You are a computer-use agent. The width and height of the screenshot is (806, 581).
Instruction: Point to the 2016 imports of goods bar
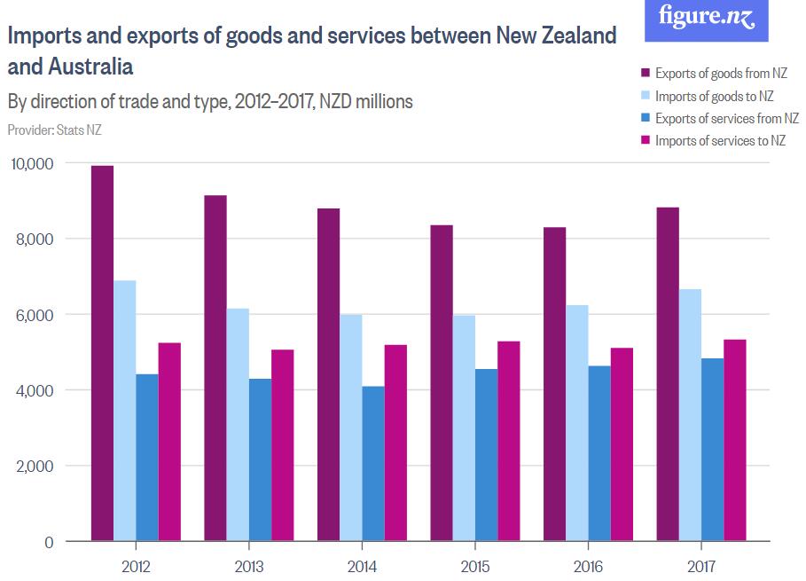[577, 422]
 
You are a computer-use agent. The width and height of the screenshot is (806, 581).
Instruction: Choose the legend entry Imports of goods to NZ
[714, 96]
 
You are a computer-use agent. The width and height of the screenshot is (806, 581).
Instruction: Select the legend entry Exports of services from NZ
[720, 118]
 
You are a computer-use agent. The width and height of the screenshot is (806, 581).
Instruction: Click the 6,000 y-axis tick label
[37, 315]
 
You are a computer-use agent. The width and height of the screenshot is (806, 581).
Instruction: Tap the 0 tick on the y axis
[49, 542]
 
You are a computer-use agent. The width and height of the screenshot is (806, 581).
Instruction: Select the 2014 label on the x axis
[362, 566]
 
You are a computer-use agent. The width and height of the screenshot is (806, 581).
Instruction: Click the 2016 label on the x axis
[588, 566]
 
